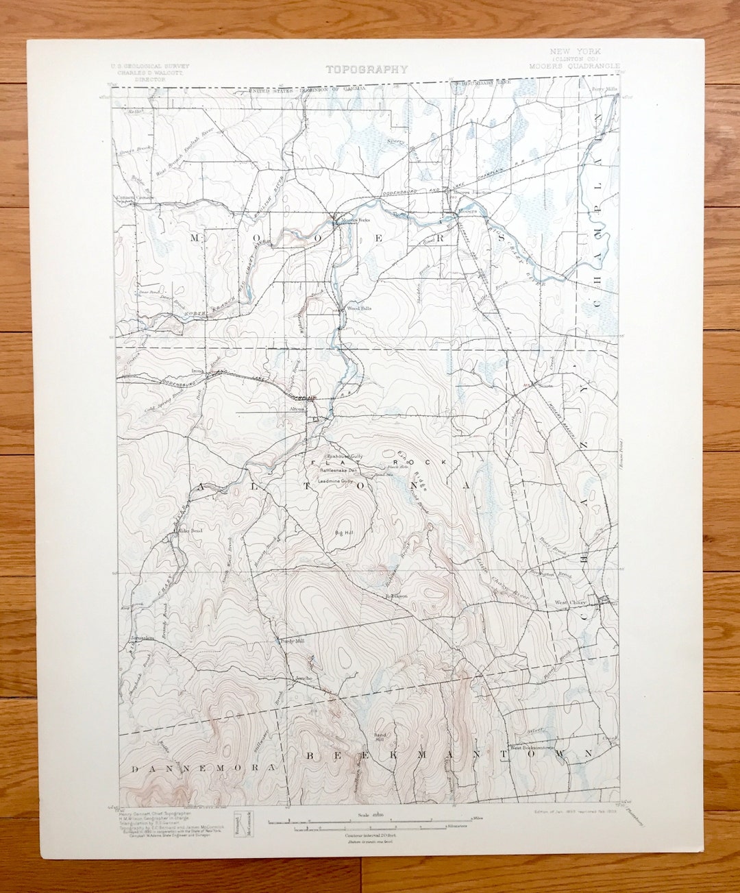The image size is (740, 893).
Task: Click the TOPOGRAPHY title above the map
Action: click(x=367, y=69)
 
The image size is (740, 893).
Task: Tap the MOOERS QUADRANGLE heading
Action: click(x=574, y=66)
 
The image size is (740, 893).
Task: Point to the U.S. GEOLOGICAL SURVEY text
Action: click(x=140, y=66)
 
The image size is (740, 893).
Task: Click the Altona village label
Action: click(x=297, y=408)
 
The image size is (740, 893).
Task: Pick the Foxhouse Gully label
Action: click(x=345, y=456)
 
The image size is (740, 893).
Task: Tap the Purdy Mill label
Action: click(x=291, y=641)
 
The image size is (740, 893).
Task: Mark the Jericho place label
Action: click(x=304, y=678)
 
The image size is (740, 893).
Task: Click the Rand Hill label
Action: click(x=380, y=737)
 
